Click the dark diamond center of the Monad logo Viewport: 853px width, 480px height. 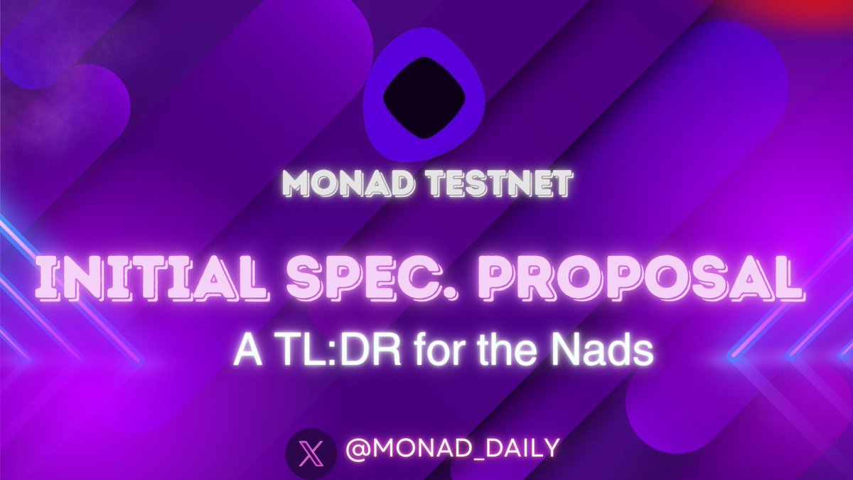(x=424, y=97)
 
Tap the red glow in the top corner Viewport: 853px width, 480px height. (x=817, y=11)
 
